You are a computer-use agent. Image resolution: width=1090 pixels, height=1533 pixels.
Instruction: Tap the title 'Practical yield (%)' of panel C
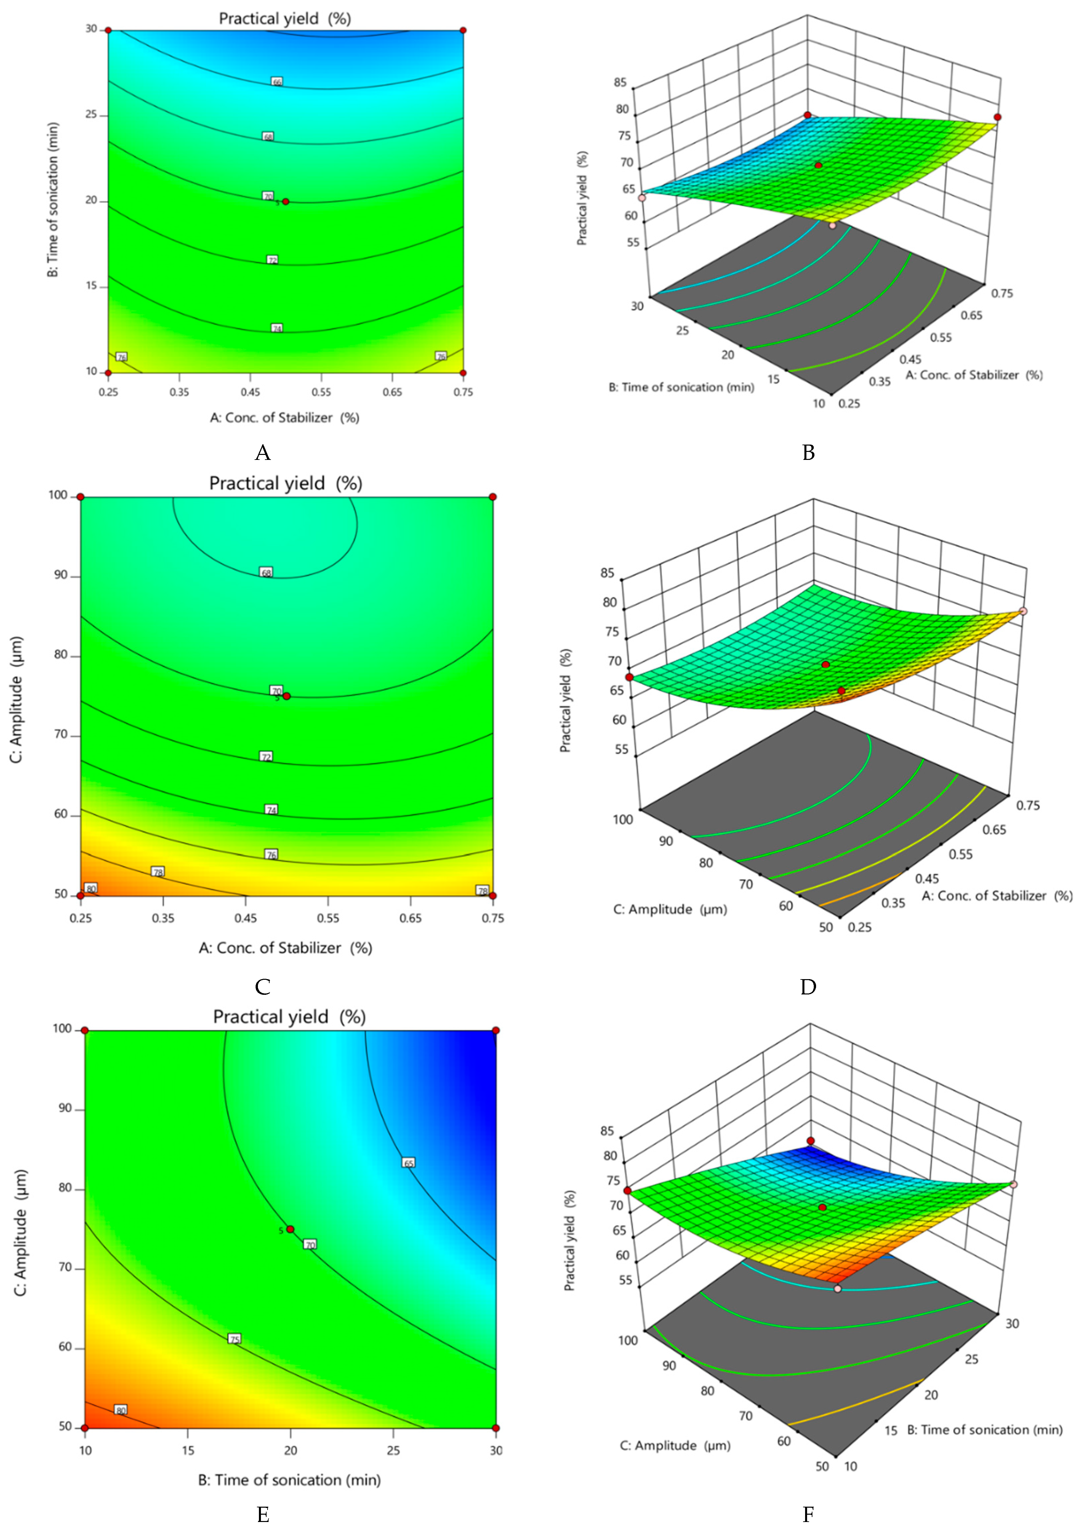[285, 483]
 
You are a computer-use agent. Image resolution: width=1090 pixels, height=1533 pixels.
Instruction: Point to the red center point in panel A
[286, 201]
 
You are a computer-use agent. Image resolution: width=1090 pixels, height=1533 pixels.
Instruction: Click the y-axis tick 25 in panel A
[91, 115]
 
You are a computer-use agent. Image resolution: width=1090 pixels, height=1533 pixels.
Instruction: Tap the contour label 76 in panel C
[271, 854]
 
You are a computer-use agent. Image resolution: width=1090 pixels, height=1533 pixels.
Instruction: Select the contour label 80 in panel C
[91, 888]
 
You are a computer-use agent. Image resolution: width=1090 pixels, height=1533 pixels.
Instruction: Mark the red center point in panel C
[287, 696]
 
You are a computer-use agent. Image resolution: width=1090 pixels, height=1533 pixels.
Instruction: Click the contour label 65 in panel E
[409, 1162]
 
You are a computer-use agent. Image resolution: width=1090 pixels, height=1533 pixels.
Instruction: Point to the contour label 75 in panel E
[234, 1339]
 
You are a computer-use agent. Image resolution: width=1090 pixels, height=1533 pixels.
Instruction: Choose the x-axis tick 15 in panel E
[188, 1450]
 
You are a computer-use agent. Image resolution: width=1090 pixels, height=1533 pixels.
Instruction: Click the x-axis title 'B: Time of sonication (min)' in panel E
[289, 1480]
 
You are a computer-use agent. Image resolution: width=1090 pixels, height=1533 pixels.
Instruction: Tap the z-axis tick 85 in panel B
[619, 83]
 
